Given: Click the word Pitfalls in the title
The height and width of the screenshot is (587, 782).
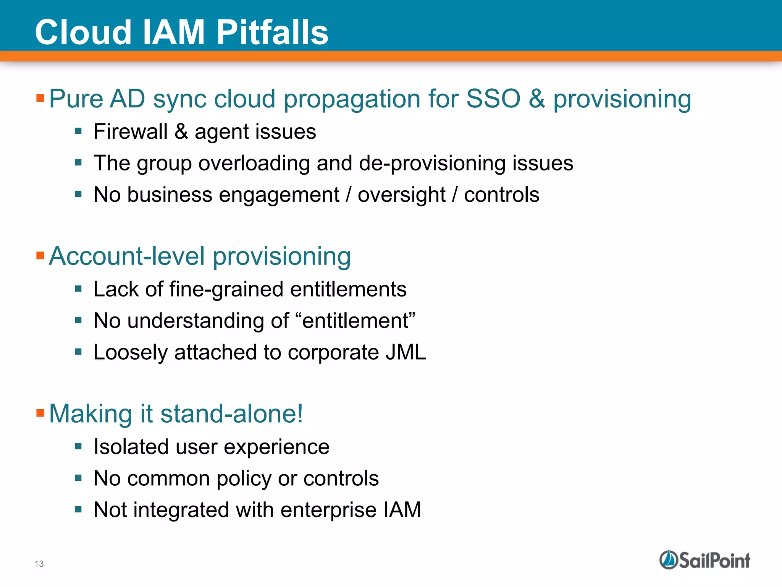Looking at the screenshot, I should click(272, 32).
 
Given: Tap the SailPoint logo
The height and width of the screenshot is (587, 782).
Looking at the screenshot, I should click(704, 560).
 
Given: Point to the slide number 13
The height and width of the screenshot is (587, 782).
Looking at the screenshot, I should click(39, 564).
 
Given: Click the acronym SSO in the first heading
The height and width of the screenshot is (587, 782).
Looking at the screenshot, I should click(493, 99).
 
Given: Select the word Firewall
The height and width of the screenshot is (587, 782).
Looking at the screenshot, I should click(130, 132).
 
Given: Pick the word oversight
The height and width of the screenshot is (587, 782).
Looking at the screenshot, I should click(401, 195).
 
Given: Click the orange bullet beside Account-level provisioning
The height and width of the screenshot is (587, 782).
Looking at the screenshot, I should click(40, 255).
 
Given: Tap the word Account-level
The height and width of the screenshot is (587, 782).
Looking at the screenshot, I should click(127, 256).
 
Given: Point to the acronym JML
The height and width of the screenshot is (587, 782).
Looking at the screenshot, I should click(406, 352).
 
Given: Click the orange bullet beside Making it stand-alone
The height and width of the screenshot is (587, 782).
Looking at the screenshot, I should click(40, 413).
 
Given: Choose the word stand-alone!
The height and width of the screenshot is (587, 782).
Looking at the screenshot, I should click(232, 414).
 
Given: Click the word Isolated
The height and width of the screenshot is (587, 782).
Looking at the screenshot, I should click(131, 447).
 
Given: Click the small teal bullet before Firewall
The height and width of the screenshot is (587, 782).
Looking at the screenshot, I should click(79, 131).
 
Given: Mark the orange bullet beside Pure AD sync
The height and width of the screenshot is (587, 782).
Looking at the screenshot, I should click(40, 98).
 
